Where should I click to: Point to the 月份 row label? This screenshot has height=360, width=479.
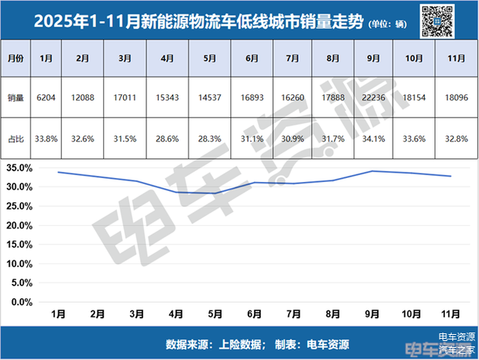pyautogui.click(x=16, y=58)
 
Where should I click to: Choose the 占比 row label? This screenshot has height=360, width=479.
pyautogui.click(x=16, y=139)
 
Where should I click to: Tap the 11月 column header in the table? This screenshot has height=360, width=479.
pyautogui.click(x=452, y=58)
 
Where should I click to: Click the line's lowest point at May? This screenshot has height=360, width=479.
pyautogui.click(x=214, y=193)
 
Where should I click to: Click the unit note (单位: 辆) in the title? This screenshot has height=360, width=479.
pyautogui.click(x=392, y=23)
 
